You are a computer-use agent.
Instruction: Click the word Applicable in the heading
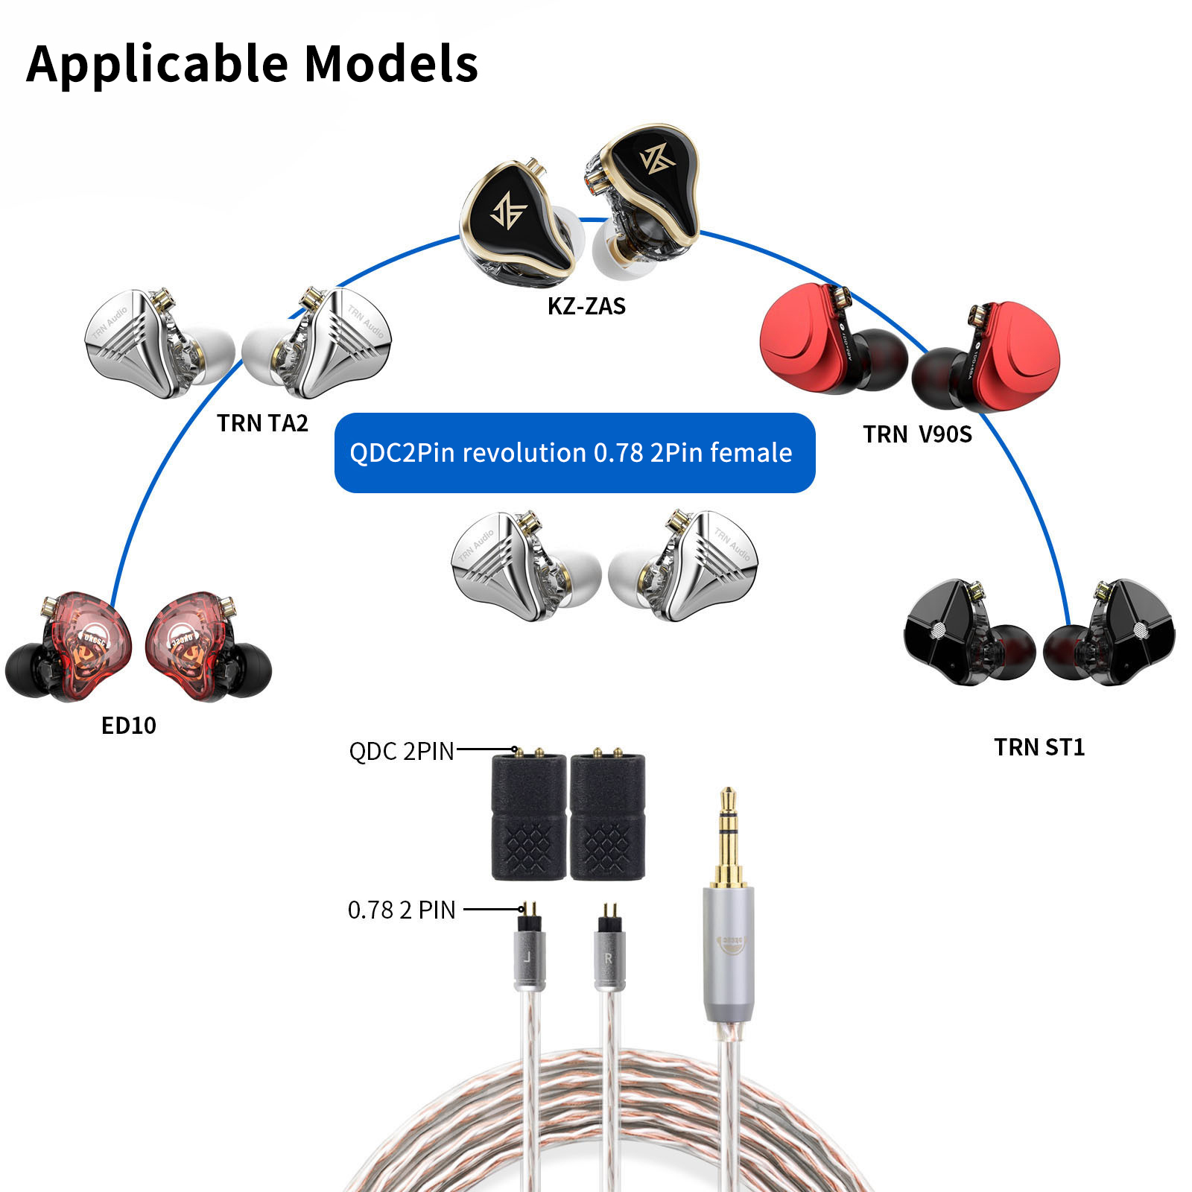pyautogui.click(x=156, y=64)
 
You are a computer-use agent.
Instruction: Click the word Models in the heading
pyautogui.click(x=391, y=64)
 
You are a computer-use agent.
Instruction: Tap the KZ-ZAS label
pyautogui.click(x=586, y=306)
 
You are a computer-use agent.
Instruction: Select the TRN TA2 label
pyautogui.click(x=262, y=423)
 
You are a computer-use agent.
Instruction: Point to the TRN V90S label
pyautogui.click(x=917, y=434)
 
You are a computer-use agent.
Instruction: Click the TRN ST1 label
pyautogui.click(x=1039, y=747)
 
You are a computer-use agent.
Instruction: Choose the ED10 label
pyautogui.click(x=129, y=726)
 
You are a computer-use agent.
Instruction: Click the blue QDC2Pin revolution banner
pyautogui.click(x=574, y=453)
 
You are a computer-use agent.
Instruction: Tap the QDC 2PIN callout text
pyautogui.click(x=402, y=751)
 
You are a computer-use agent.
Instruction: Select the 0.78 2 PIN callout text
pyautogui.click(x=402, y=910)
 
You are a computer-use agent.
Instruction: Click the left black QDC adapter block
pyautogui.click(x=529, y=818)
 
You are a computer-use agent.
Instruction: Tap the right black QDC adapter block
pyautogui.click(x=607, y=818)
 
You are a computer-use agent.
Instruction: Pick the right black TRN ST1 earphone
pyautogui.click(x=1117, y=633)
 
